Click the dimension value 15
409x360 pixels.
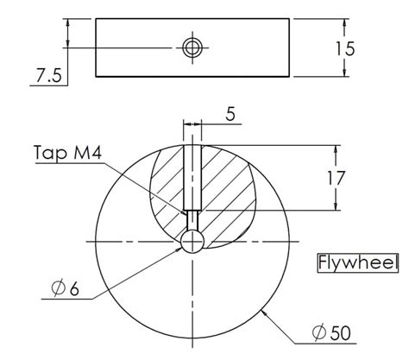click(x=343, y=48)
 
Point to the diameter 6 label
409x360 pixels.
click(x=65, y=291)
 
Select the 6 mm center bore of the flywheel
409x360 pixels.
click(x=192, y=240)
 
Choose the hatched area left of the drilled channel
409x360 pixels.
click(x=166, y=186)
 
